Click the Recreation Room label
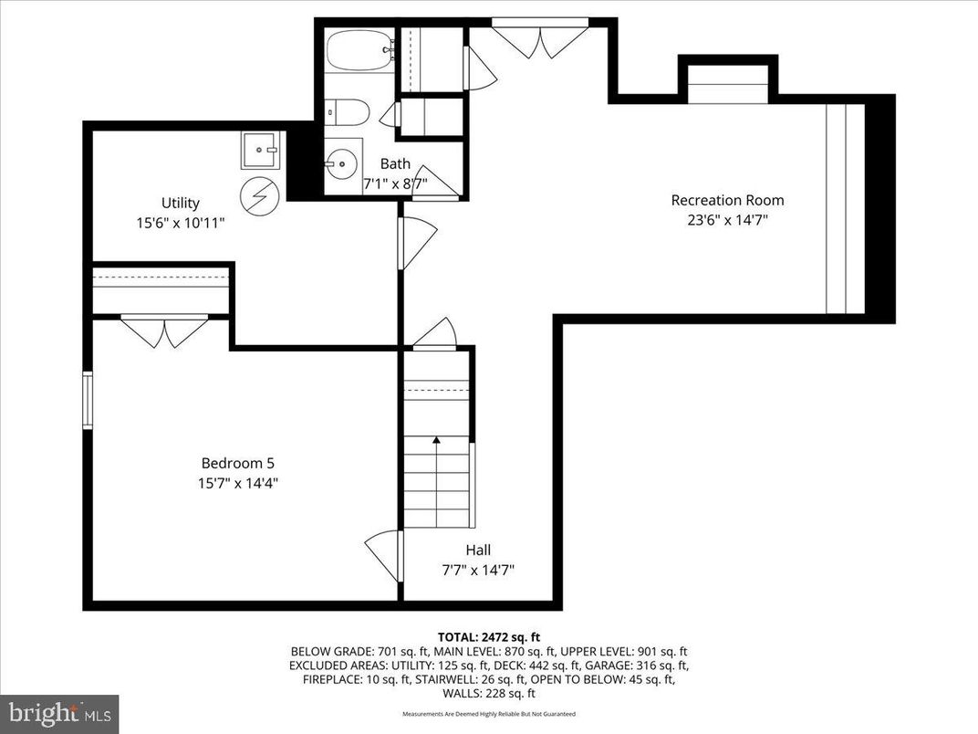click(x=727, y=200)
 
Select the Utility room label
click(x=180, y=203)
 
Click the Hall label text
click(x=477, y=550)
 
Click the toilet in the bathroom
click(x=348, y=113)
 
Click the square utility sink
click(x=259, y=151)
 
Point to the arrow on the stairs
click(x=436, y=441)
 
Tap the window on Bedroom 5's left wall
click(x=88, y=399)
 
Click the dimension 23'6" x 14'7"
click(x=727, y=219)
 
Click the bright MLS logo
click(x=59, y=711)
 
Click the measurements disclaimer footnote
click(x=489, y=713)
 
